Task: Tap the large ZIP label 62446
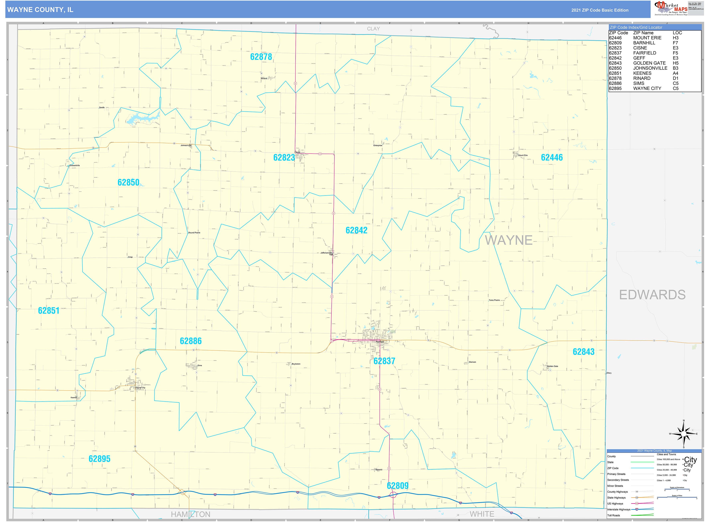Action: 552,157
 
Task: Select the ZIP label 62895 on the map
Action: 99,459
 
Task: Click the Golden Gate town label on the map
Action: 553,366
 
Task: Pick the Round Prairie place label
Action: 194,232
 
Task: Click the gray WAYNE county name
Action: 508,240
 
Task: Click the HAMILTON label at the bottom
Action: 190,514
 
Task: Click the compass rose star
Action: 684,434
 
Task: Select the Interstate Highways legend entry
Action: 619,509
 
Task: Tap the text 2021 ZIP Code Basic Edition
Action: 600,10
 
